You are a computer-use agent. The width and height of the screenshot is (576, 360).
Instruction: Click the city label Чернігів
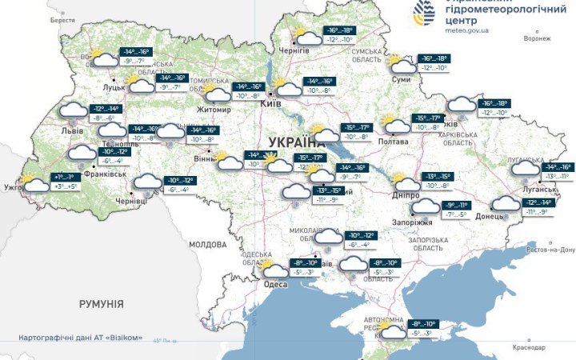pyautogui.click(x=294, y=50)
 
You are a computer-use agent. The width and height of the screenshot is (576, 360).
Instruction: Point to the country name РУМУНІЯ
pyautogui.click(x=101, y=304)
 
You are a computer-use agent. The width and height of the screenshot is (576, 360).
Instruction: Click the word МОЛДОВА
pyautogui.click(x=208, y=244)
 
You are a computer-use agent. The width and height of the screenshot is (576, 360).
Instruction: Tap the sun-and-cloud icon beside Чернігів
pyautogui.click(x=305, y=36)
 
